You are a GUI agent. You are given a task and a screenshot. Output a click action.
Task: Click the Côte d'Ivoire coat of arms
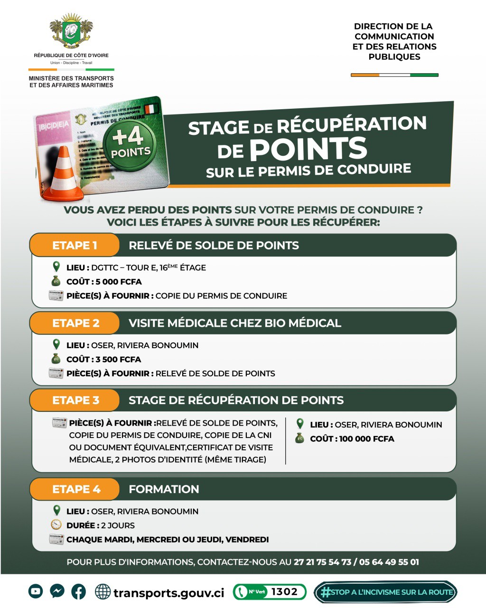(x=71, y=31)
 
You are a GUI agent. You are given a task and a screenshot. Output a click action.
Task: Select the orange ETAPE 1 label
(x=75, y=246)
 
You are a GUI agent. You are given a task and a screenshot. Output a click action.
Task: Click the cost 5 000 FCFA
(x=119, y=282)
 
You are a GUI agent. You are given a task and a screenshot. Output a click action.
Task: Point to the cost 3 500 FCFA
(x=118, y=360)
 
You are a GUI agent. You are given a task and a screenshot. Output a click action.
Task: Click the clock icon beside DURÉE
(x=56, y=525)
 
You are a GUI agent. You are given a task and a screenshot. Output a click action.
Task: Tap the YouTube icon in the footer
(x=36, y=591)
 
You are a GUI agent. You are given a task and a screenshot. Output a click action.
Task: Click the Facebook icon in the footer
(x=79, y=591)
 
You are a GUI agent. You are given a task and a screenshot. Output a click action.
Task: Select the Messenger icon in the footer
(x=57, y=591)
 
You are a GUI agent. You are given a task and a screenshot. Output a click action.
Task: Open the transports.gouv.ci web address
(x=168, y=593)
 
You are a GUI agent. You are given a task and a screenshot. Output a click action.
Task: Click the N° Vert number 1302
(x=284, y=592)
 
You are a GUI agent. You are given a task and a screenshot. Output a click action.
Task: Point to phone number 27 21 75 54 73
(x=322, y=562)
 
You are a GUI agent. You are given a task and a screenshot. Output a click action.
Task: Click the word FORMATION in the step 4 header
(x=164, y=489)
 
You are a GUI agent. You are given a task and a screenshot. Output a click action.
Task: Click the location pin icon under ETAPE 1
(x=56, y=266)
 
